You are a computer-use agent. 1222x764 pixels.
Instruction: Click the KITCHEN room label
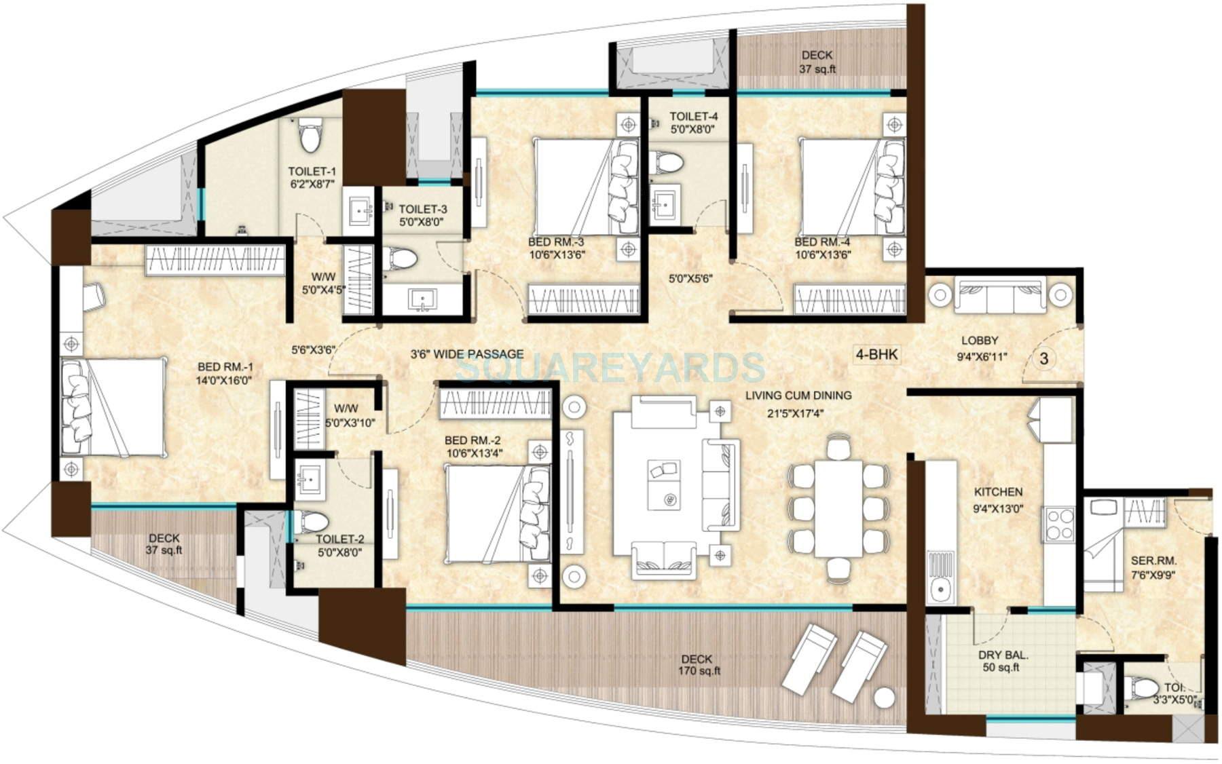click(x=997, y=492)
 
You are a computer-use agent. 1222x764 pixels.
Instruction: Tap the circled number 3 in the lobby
click(x=1044, y=358)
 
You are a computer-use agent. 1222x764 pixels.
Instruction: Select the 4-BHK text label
click(x=876, y=354)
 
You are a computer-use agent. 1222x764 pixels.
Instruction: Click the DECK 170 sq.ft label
click(x=697, y=665)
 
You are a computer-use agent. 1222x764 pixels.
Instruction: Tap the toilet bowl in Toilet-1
click(x=311, y=135)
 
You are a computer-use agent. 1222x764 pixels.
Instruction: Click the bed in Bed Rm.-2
click(x=496, y=514)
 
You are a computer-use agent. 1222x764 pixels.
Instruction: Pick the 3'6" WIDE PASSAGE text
click(x=467, y=354)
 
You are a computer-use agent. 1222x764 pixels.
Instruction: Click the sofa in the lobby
click(x=1000, y=295)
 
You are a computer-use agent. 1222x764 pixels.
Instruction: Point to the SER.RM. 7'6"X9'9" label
click(x=1153, y=567)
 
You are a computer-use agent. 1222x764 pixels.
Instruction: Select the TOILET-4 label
click(x=693, y=123)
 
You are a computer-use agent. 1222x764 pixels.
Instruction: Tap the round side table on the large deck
click(x=885, y=698)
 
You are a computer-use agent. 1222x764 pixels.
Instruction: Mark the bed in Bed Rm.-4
click(x=852, y=187)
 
